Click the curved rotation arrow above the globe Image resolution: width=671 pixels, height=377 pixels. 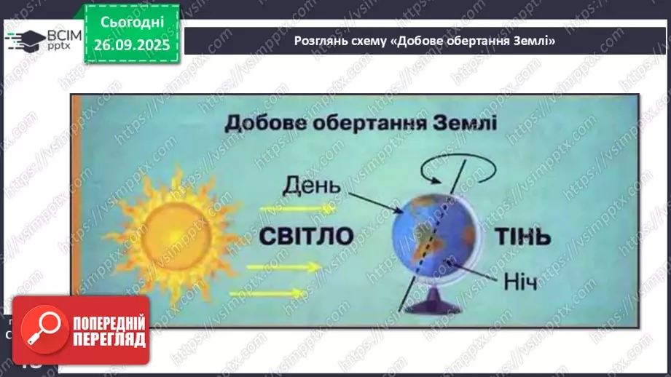(x=459, y=171)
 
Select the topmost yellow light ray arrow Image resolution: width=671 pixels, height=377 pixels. (x=288, y=209)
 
